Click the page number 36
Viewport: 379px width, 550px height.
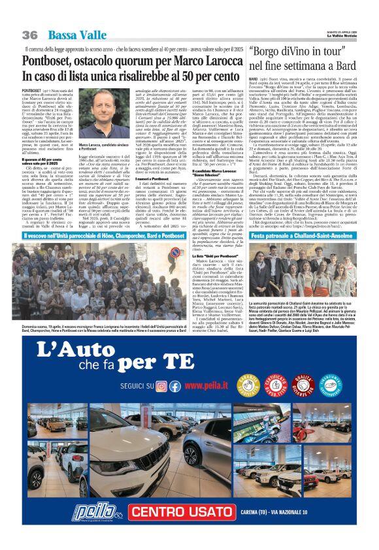coord(29,34)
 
